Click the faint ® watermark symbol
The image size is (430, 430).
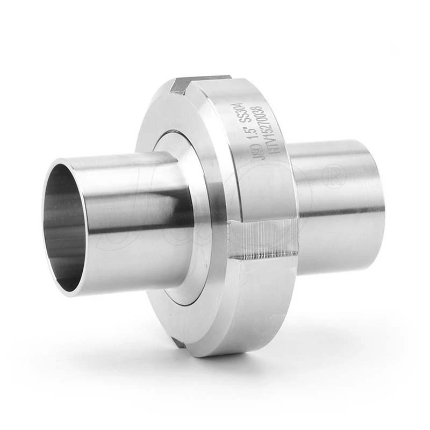pos(336,178)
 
